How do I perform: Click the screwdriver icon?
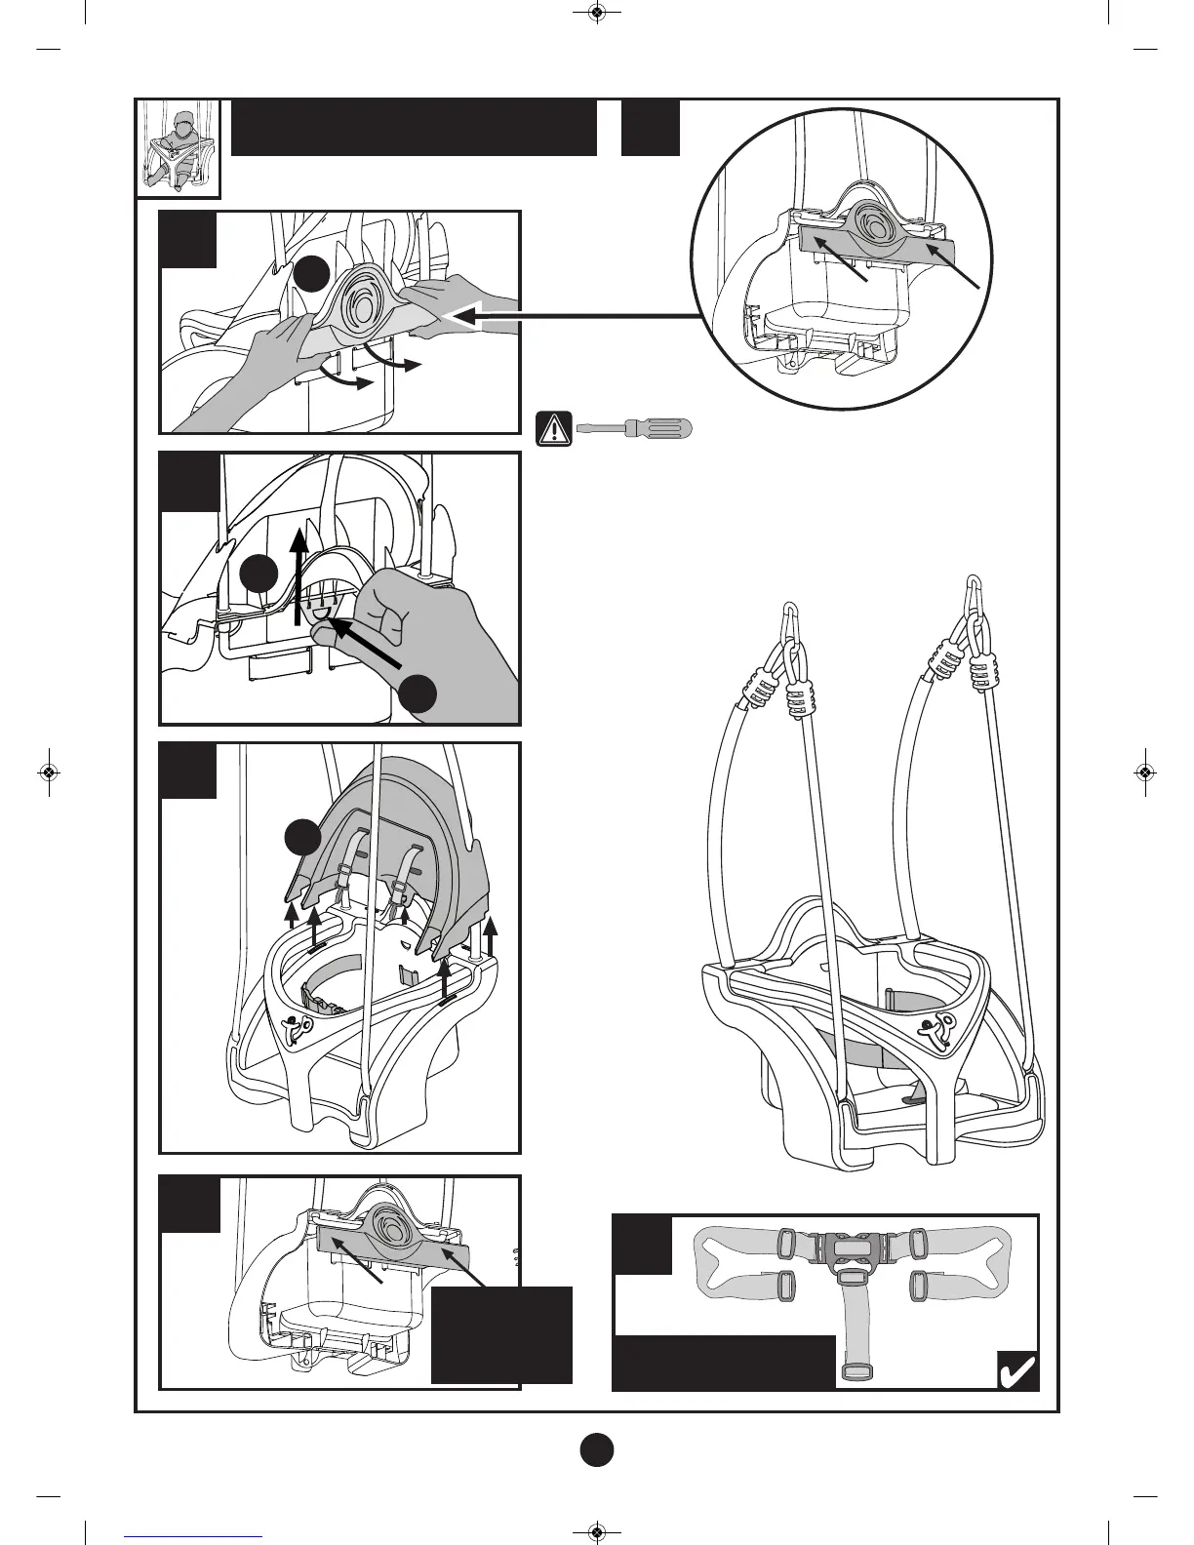click(633, 427)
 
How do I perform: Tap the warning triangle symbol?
click(554, 428)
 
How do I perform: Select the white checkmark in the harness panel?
click(1015, 1371)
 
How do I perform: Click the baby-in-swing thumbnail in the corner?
click(178, 147)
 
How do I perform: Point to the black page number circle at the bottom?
click(597, 1449)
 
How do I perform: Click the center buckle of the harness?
click(853, 1248)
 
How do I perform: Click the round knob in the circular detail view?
click(871, 227)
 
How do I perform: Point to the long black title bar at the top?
click(414, 127)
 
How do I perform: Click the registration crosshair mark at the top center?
click(597, 13)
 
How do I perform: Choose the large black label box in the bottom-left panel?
click(501, 1334)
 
